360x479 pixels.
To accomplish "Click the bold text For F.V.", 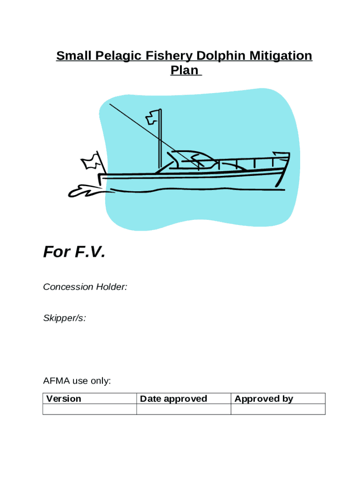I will (x=74, y=253).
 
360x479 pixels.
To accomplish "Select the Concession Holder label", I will (x=85, y=287).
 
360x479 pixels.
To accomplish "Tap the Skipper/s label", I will (x=65, y=318).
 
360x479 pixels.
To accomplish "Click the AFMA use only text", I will (x=77, y=381).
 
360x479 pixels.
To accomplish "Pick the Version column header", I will (x=64, y=399).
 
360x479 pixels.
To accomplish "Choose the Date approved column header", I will (x=173, y=399).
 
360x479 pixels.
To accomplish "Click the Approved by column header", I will (x=264, y=399).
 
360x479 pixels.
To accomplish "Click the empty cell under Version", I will (x=89, y=409).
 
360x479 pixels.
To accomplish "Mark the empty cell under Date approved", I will (x=183, y=409).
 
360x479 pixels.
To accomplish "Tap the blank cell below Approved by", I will (x=278, y=409).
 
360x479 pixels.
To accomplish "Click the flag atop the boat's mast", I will (x=152, y=117).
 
